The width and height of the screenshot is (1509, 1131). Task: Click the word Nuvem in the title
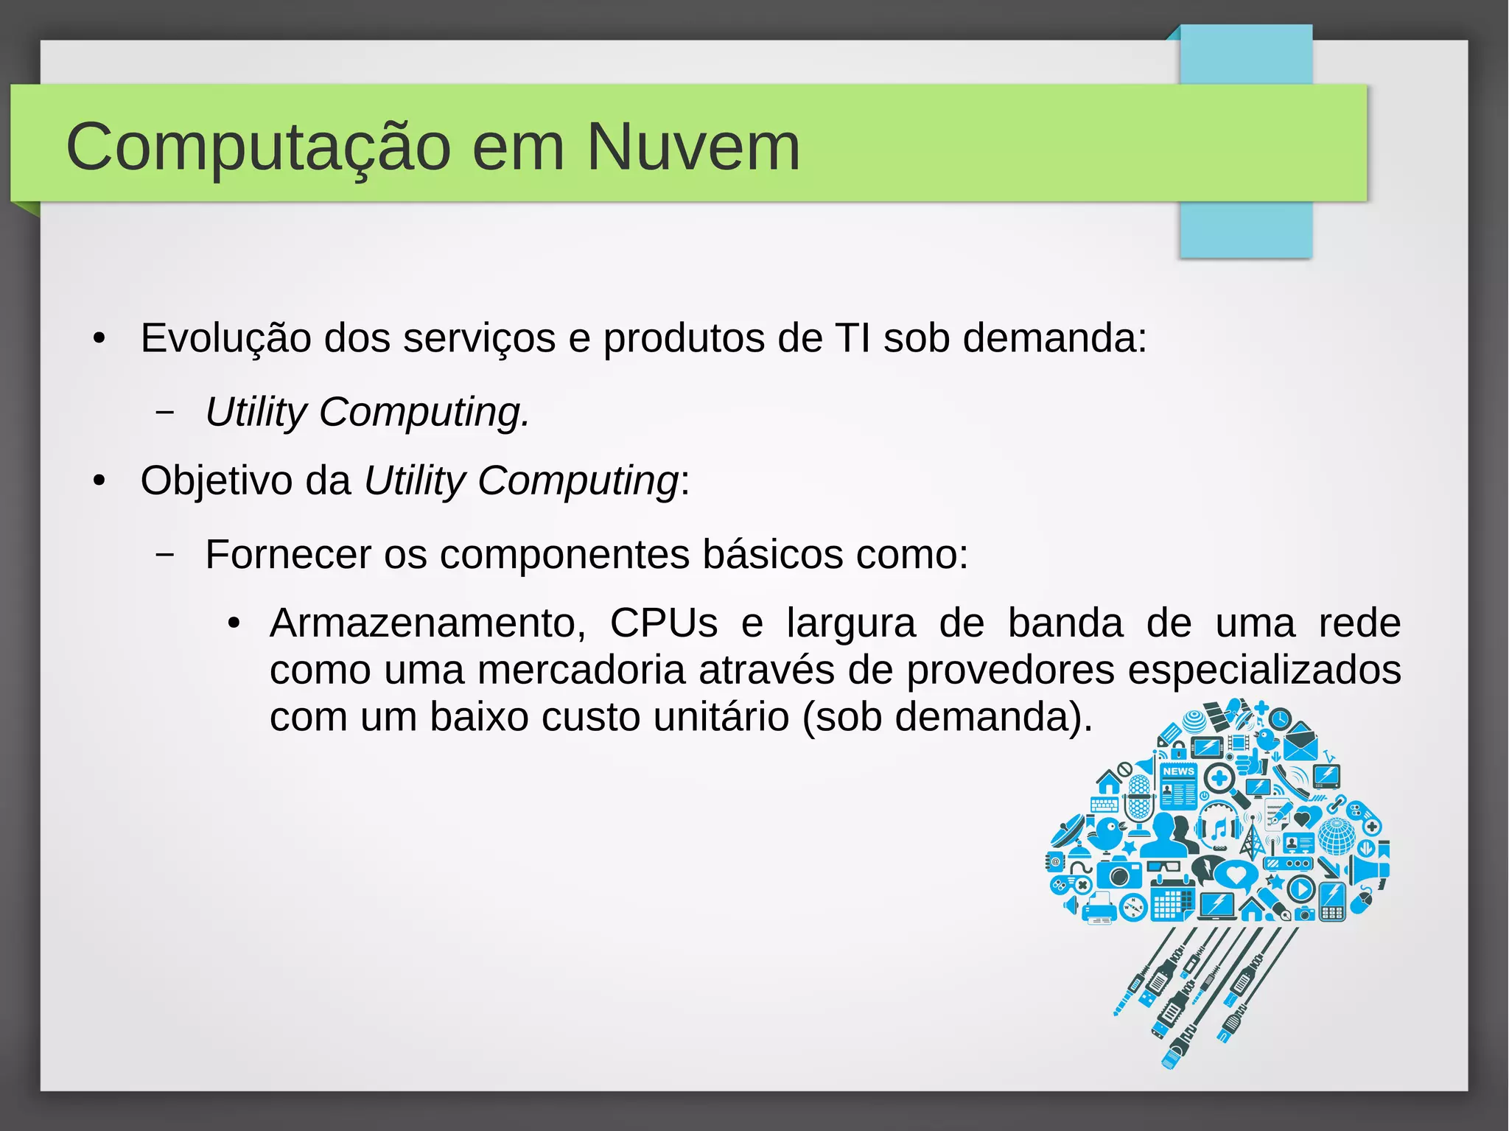pyautogui.click(x=693, y=147)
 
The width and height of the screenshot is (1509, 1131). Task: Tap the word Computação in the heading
pyautogui.click(x=258, y=147)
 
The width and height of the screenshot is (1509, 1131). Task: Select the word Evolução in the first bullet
pyautogui.click(x=225, y=338)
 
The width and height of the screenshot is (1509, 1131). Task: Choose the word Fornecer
pyautogui.click(x=288, y=554)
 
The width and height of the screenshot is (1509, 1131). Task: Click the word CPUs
pyautogui.click(x=663, y=623)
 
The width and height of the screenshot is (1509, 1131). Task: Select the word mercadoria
pyautogui.click(x=581, y=670)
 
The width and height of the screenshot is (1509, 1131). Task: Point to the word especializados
pyautogui.click(x=1264, y=670)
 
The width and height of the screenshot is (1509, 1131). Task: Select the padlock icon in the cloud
pyautogui.click(x=1179, y=750)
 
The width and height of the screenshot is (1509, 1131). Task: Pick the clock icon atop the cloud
pyautogui.click(x=1281, y=718)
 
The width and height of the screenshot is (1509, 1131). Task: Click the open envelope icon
pyautogui.click(x=1300, y=743)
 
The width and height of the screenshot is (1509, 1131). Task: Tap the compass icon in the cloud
pyautogui.click(x=1133, y=908)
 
